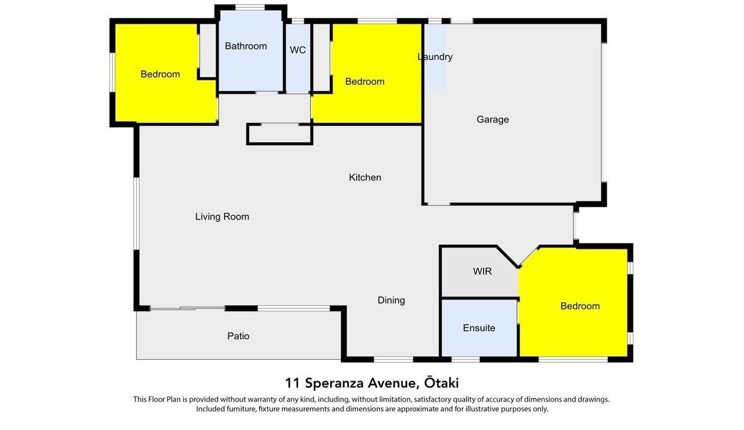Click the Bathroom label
(246, 46)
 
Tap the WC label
(298, 50)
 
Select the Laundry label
(435, 57)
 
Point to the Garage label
(492, 120)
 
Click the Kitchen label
(365, 177)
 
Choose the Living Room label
(222, 217)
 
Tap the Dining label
(392, 300)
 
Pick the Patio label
(238, 336)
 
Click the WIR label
(482, 271)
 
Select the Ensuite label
(479, 328)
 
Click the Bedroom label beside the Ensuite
(580, 306)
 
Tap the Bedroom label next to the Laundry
(364, 81)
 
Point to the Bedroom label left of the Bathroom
(160, 74)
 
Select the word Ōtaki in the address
(441, 382)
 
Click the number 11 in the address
(292, 383)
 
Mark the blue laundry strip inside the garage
(435, 57)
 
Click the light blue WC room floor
(298, 58)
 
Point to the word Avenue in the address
(393, 383)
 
